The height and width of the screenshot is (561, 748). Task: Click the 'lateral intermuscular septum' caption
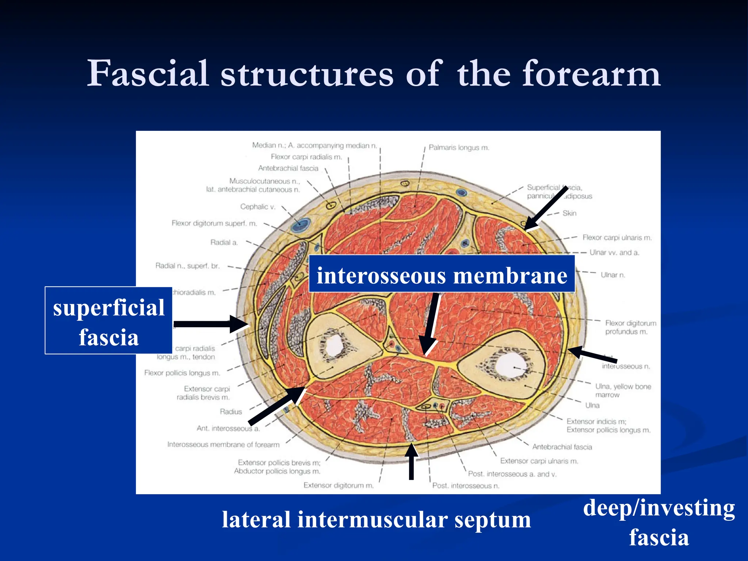coord(376,519)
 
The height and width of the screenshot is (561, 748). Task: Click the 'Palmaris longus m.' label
coord(459,148)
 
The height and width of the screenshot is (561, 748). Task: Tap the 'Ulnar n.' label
coord(613,275)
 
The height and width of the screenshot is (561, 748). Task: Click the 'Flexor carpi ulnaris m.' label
coord(617,238)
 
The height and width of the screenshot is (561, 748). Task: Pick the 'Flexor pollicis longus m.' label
coord(182,373)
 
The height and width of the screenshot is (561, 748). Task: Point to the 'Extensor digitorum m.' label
coord(339,485)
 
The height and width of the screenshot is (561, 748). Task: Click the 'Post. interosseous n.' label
coord(466,486)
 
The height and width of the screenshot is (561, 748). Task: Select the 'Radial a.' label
coord(224,243)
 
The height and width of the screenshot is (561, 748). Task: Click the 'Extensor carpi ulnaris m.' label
coord(539,461)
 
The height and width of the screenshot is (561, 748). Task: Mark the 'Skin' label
coord(569,213)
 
